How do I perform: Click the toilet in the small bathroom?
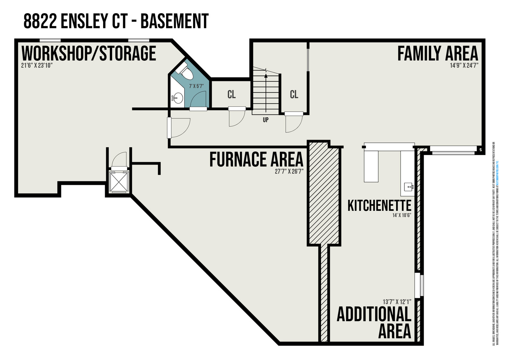pos(186,72)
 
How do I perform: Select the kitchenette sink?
pos(409,186)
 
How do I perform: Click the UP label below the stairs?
pos(265,120)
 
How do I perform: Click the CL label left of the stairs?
pos(231,94)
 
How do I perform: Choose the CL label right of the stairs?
pos(294,94)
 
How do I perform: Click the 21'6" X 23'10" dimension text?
pos(37,65)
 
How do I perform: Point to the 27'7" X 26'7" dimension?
pos(289,171)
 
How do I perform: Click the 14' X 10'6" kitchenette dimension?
pos(402,215)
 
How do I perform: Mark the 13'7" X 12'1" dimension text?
pos(397,302)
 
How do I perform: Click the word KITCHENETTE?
pos(379,206)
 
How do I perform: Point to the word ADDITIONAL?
pos(374,314)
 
